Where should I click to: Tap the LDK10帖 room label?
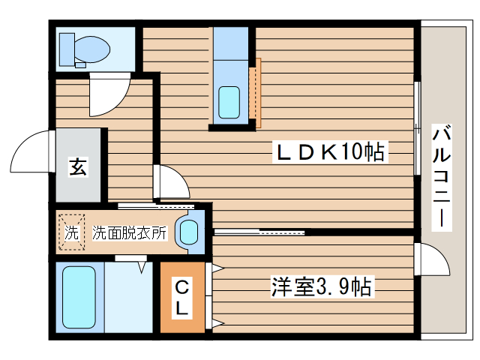tap(331, 153)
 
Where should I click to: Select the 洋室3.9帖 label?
tap(322, 286)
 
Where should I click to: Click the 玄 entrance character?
tap(78, 166)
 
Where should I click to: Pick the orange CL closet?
tap(181, 297)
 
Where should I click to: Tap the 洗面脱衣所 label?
tap(129, 233)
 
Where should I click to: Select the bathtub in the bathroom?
tap(78, 297)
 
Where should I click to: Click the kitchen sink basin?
tap(229, 100)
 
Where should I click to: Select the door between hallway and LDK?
tap(169, 182)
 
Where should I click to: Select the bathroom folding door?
tap(130, 258)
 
